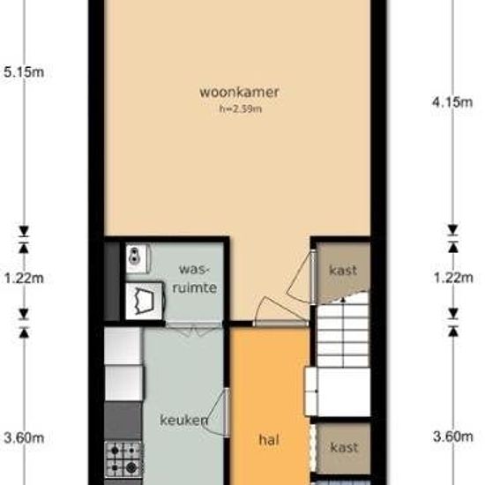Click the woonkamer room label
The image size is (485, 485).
[239, 93]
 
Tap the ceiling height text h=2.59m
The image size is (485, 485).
[241, 108]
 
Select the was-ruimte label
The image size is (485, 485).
[195, 279]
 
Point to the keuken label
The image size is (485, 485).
[183, 420]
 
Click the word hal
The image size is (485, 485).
[269, 439]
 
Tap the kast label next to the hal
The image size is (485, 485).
[344, 447]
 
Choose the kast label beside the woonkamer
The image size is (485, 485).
[343, 271]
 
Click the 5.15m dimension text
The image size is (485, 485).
[24, 72]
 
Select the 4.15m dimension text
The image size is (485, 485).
[452, 101]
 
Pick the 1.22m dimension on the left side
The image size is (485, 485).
[24, 279]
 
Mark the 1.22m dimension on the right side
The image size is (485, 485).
[453, 278]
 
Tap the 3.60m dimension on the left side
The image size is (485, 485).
[24, 437]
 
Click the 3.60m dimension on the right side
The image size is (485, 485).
[453, 436]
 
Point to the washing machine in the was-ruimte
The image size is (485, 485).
[144, 302]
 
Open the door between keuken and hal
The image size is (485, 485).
[218, 412]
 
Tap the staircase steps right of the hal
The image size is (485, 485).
[343, 335]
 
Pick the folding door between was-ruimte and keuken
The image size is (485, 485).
[194, 329]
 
